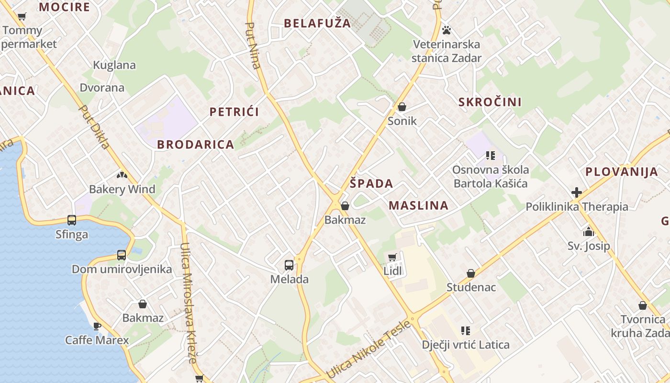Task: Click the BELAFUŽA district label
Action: tap(317, 23)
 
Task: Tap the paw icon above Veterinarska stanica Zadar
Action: tap(447, 30)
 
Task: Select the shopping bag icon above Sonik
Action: tap(402, 107)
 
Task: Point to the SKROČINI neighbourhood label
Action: tap(490, 102)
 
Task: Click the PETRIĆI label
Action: tap(234, 112)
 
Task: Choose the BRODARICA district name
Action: tap(195, 145)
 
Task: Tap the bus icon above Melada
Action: tap(289, 265)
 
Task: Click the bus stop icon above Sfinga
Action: tap(72, 220)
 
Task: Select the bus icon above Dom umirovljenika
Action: tap(122, 255)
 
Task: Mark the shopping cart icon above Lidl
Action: tap(392, 258)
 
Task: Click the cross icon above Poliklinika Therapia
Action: tap(577, 192)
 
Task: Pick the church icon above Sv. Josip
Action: tap(588, 232)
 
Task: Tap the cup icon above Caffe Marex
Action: tap(97, 326)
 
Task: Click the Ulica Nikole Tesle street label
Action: tap(368, 349)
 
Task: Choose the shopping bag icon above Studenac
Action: tap(471, 273)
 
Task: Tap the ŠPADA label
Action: tap(371, 183)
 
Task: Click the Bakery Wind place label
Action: tap(122, 189)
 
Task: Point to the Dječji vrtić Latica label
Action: tap(465, 345)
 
